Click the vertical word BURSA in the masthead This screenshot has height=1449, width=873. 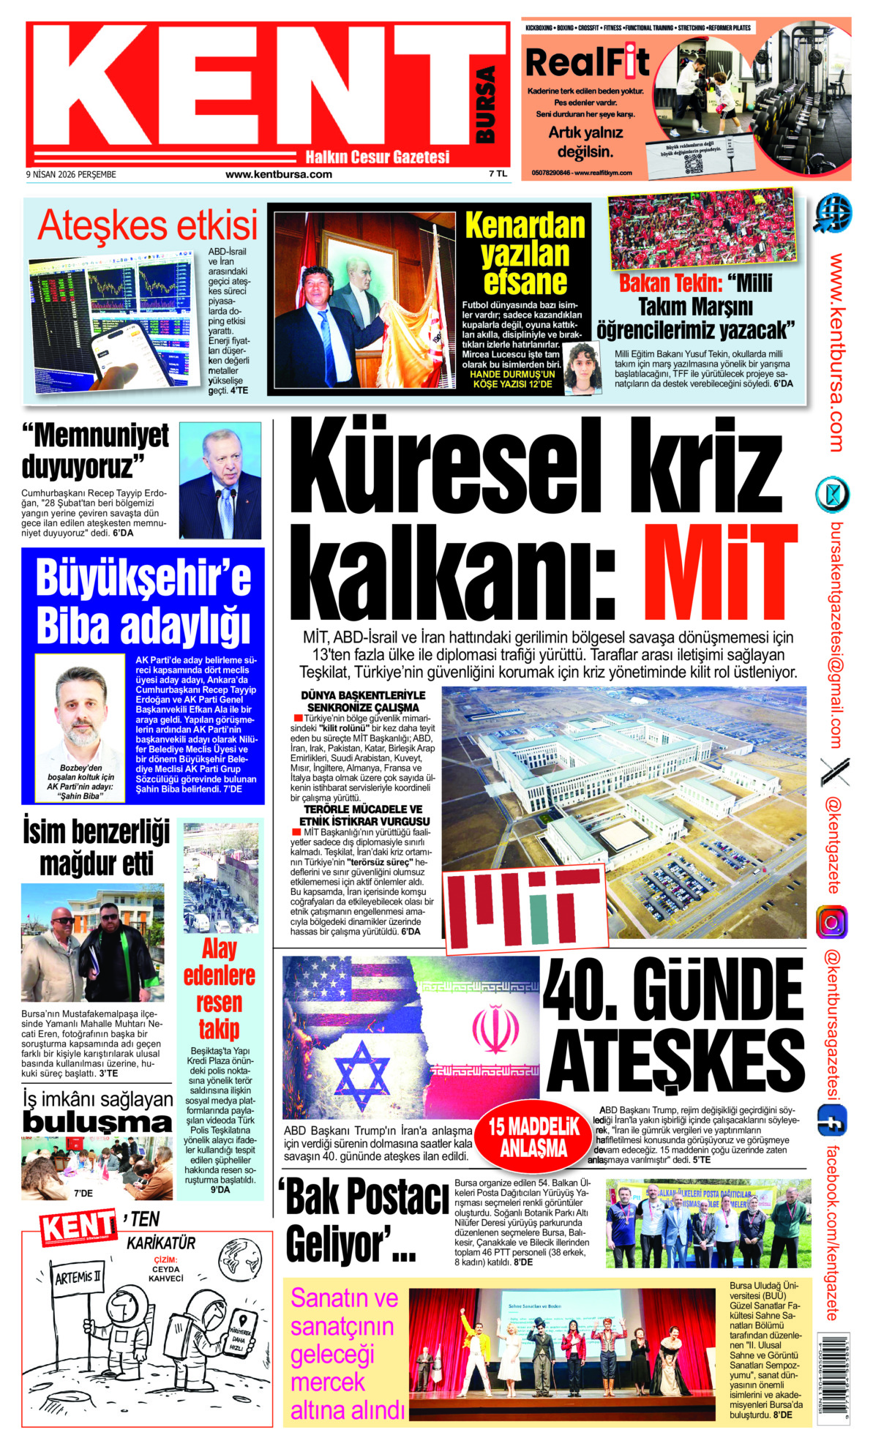[485, 105]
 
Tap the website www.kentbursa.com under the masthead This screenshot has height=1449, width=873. [278, 174]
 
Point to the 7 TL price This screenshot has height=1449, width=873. [498, 174]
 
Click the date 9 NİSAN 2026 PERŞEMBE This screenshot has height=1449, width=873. [71, 174]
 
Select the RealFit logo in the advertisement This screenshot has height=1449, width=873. [588, 62]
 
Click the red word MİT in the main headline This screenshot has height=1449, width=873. [720, 572]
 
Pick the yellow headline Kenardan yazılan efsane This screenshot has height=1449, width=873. [525, 253]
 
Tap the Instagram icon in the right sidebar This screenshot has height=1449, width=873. [832, 922]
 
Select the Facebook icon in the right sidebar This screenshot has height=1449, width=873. [832, 1121]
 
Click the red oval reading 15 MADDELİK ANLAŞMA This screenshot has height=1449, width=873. [533, 1137]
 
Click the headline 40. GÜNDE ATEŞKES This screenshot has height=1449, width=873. [674, 1025]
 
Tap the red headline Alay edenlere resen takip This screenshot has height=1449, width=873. [219, 989]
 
